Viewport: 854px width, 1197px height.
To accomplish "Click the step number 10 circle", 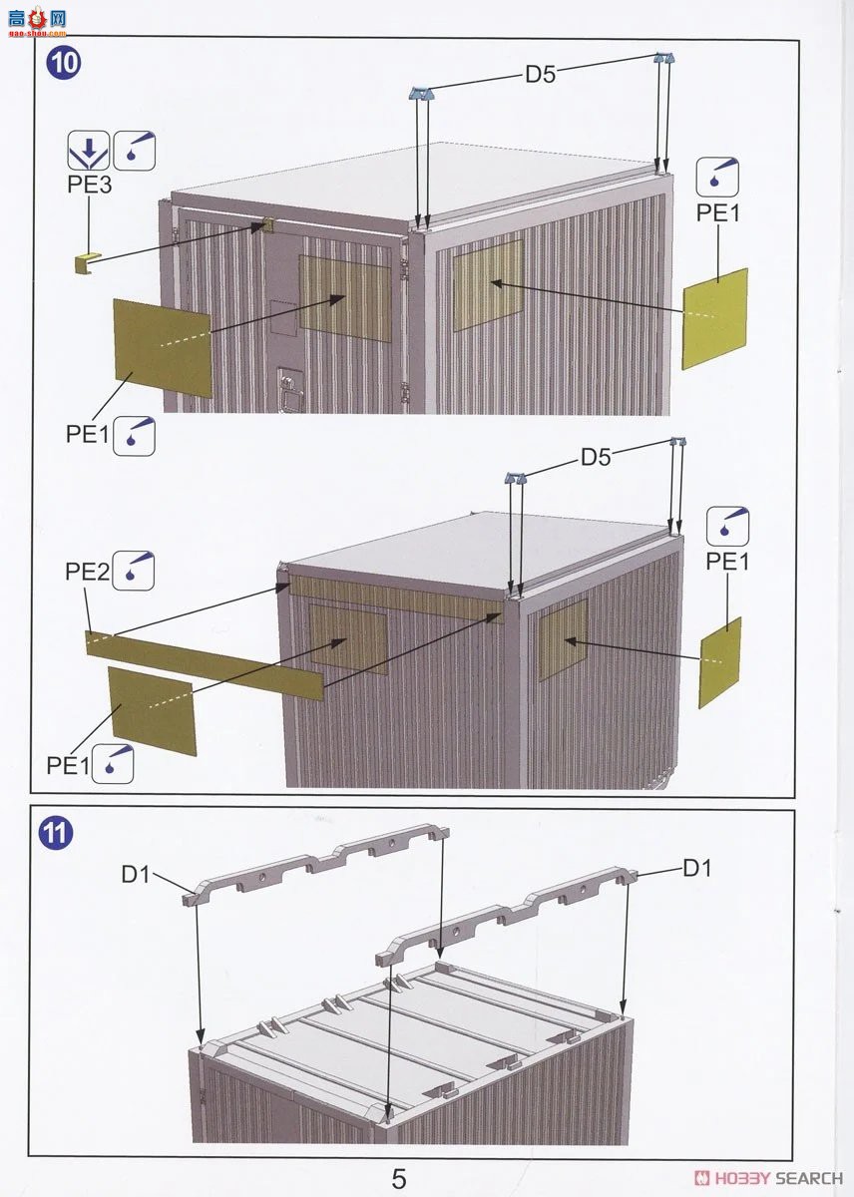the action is tap(64, 64).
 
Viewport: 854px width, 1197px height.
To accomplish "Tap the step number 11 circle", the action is tap(56, 833).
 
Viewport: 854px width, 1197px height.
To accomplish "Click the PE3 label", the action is tap(89, 185).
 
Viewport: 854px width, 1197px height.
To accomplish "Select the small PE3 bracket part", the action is tap(86, 263).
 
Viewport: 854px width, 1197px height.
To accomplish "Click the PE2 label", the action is tap(87, 572).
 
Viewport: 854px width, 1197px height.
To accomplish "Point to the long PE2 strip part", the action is tap(205, 664).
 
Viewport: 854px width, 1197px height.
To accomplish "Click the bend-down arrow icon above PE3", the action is tap(89, 151).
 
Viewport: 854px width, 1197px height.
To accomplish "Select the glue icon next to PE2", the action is tap(134, 571).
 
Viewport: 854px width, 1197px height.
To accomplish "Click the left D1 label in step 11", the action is tap(136, 874).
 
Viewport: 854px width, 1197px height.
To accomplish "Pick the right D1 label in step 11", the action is tap(697, 869).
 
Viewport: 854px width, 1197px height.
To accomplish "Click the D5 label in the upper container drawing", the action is tap(541, 74).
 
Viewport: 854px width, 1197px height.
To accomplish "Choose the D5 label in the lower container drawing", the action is tap(596, 457).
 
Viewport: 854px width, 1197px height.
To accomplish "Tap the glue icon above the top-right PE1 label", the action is tap(717, 177).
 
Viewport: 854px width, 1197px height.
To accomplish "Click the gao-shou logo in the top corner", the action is tap(37, 24).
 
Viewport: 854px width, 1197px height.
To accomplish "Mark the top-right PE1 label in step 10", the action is tap(717, 213).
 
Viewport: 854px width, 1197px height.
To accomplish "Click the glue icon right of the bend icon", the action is tap(135, 151).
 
